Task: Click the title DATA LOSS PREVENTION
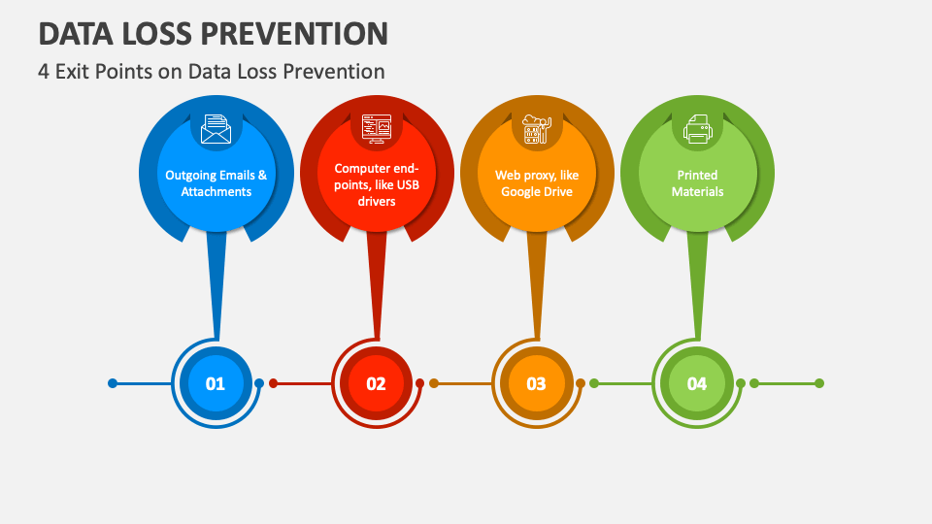coord(214,33)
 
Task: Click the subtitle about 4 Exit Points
coord(211,71)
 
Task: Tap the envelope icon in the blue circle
coord(216,129)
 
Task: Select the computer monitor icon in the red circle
coord(377,129)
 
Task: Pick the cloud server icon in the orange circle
coord(537,129)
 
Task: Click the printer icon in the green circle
coord(697,129)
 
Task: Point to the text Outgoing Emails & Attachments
coord(216,183)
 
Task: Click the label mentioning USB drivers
coord(377,184)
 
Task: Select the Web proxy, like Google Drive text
coord(537,183)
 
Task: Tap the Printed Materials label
coord(697,183)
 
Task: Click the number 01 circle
coord(216,383)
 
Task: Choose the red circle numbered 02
coord(376,383)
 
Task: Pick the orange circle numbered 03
coord(536,383)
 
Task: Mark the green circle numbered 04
coord(697,383)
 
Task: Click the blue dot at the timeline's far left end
coord(113,383)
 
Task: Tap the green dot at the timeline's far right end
coord(819,383)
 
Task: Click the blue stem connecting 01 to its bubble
coord(216,285)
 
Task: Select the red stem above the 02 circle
coord(377,285)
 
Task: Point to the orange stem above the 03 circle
coord(537,285)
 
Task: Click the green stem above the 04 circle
coord(697,285)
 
